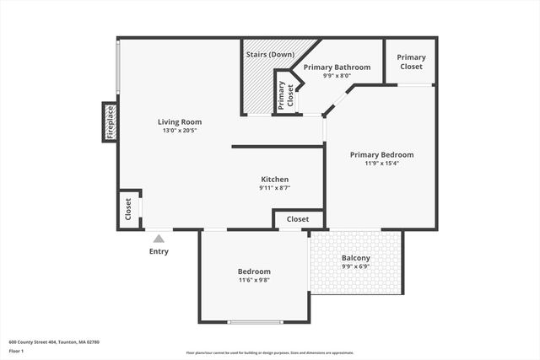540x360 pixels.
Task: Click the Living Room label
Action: [x=182, y=121]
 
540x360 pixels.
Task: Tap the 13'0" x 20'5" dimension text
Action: [x=182, y=131]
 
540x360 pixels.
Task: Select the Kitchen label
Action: [x=275, y=179]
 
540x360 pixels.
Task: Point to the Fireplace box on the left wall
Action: [x=110, y=122]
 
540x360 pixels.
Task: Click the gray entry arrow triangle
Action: [x=159, y=239]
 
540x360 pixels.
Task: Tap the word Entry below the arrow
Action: [x=159, y=251]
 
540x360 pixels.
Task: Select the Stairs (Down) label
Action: [x=270, y=55]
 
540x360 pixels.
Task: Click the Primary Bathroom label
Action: [x=337, y=67]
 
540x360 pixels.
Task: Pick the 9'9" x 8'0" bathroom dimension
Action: [x=337, y=76]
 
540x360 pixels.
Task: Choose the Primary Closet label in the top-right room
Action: [x=411, y=62]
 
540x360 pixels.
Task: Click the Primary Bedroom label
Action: [x=382, y=154]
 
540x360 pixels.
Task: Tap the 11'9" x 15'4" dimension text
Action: [x=382, y=164]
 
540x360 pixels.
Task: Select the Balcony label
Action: [x=355, y=258]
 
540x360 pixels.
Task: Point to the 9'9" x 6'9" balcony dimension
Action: [x=355, y=267]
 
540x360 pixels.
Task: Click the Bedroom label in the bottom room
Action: [x=254, y=271]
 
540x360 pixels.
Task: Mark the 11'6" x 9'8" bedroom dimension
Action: [x=254, y=280]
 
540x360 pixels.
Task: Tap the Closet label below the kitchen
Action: [x=298, y=219]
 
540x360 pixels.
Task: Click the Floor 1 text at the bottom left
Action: [x=16, y=350]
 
